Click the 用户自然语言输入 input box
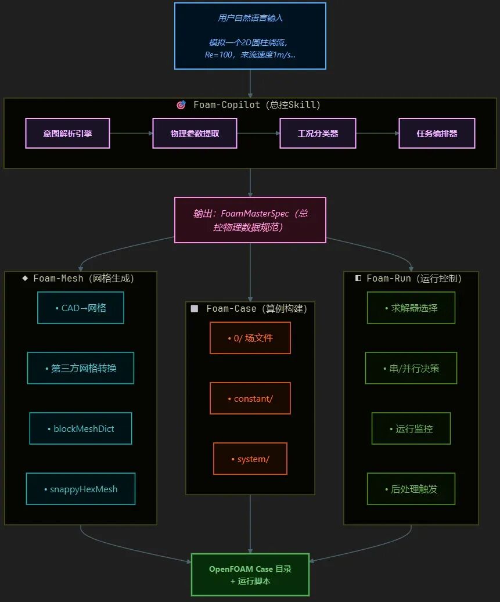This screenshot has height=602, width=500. coord(250,36)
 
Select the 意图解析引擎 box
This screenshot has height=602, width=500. coord(67,133)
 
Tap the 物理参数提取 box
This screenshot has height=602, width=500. coord(195,133)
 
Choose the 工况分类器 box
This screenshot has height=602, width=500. coord(318,133)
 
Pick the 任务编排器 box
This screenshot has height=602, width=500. coord(437,133)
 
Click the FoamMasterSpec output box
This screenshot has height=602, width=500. coord(250,220)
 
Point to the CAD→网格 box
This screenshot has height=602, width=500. coord(81,308)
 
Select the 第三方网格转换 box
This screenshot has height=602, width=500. coord(81,368)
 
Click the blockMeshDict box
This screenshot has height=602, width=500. coord(81,428)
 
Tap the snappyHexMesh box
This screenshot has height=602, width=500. coord(81,489)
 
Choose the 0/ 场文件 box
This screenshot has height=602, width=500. coord(250,338)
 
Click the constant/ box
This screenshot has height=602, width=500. coord(250,398)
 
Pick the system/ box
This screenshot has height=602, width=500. coord(250,459)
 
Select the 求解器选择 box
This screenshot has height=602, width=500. coord(411,308)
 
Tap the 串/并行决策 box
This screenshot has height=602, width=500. coord(411,368)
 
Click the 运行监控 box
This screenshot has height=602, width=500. coord(411,428)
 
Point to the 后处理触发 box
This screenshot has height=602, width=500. coord(411,489)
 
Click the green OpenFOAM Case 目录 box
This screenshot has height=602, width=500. coord(250,575)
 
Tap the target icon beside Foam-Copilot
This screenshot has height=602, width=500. coord(181,105)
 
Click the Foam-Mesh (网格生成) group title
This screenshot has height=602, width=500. coord(84,278)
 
